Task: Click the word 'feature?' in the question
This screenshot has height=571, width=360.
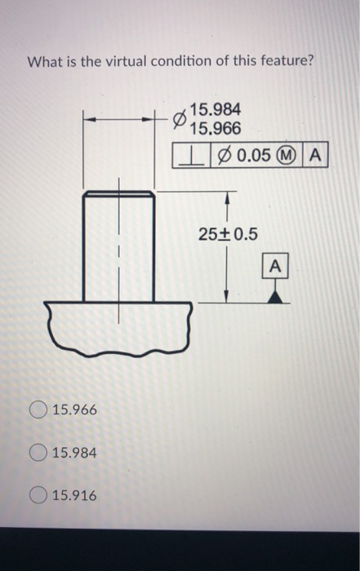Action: tap(285, 62)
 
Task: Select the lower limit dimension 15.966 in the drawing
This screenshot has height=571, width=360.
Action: tap(215, 128)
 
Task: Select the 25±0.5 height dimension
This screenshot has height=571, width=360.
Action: tap(227, 235)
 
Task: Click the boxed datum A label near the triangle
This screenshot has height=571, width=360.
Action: tap(275, 266)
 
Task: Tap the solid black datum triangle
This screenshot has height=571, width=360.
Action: tap(276, 296)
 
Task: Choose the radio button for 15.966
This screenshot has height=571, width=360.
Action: tap(37, 409)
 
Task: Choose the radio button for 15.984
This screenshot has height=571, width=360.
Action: tap(37, 452)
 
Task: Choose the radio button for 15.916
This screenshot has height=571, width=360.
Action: tap(37, 494)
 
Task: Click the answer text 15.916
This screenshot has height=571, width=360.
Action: tap(73, 494)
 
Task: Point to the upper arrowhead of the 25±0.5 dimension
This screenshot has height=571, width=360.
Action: tap(226, 198)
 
